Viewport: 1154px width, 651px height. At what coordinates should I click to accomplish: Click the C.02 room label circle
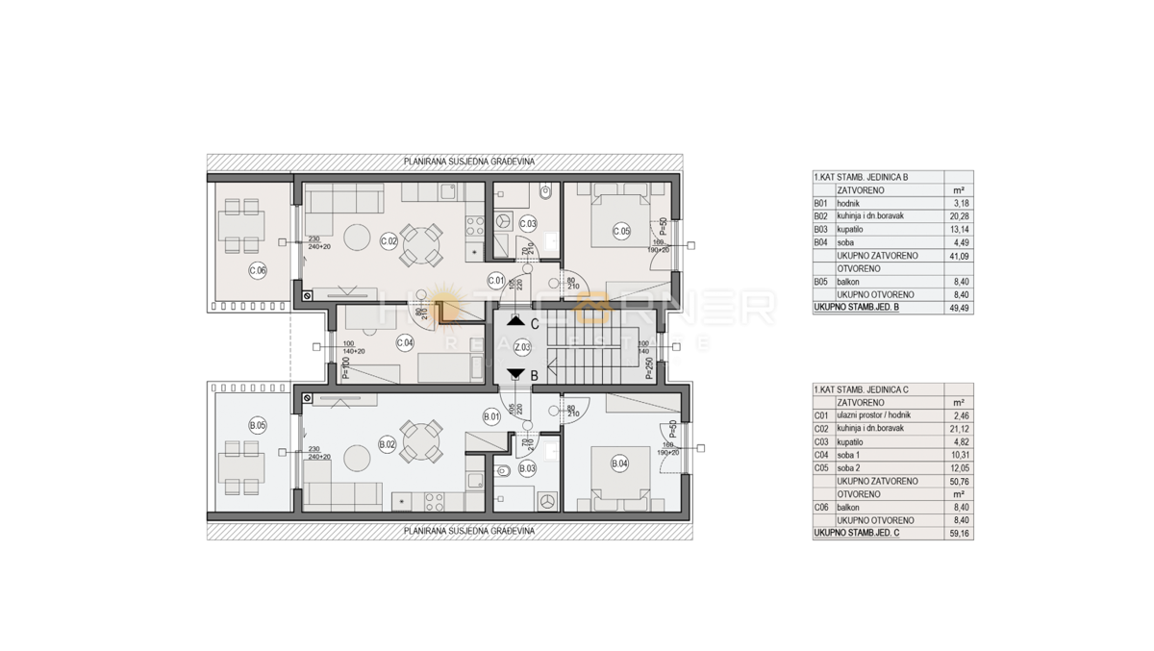[389, 241]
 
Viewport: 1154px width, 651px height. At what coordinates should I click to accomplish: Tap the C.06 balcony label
[257, 270]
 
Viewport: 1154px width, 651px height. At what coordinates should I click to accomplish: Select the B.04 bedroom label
[619, 463]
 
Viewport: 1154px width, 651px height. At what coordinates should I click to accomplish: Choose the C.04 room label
[405, 341]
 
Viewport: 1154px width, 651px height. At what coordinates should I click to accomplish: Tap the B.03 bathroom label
[527, 468]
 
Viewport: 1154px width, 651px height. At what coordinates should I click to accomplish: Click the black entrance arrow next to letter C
[516, 322]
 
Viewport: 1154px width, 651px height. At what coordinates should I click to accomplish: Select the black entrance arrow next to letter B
[516, 374]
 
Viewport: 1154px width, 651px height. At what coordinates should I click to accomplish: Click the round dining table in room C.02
[421, 242]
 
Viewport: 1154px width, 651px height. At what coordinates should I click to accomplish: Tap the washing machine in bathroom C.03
[503, 221]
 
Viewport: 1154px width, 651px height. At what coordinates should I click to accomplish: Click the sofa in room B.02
[343, 495]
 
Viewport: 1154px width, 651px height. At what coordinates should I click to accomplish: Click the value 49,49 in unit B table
[957, 308]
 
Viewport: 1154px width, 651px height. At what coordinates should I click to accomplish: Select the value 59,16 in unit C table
[957, 533]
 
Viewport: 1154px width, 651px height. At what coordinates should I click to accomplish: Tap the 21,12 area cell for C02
[957, 429]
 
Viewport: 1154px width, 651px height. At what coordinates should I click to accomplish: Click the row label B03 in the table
[821, 229]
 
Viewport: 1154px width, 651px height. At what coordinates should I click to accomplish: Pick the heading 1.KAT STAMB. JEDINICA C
[862, 389]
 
